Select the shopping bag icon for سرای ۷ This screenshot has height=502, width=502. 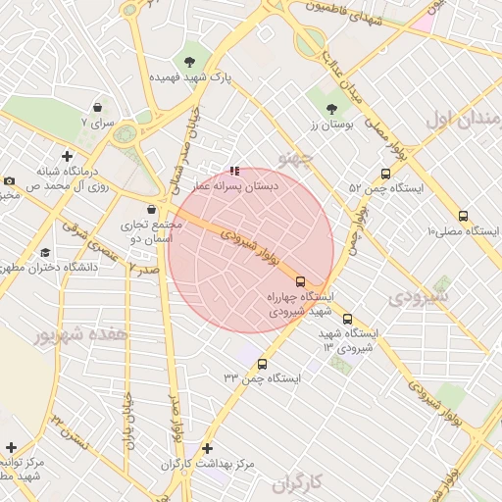98,107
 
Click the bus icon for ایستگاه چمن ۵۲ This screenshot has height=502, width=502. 385,173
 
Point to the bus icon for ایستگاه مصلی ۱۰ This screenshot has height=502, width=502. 463,216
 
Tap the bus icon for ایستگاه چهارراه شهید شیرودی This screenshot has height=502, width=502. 300,280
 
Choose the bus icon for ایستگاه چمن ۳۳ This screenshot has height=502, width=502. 261,364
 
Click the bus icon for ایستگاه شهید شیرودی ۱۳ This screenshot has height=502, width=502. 347,319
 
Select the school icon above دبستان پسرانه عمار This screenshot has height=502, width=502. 233,171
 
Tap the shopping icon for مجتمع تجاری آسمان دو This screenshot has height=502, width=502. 150,209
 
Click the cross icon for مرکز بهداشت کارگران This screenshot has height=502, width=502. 207,448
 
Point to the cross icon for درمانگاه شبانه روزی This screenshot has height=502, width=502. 67,156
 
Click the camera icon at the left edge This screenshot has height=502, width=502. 9,180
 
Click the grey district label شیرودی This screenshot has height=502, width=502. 423,294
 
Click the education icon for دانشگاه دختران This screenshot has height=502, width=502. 45,253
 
